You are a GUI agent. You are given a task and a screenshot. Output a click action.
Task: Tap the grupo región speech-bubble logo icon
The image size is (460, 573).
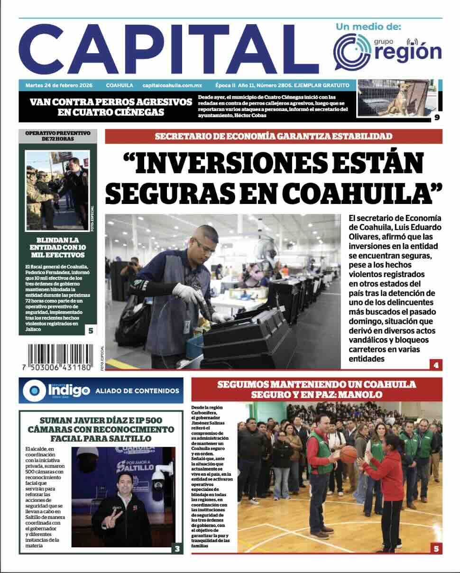tap(352, 51)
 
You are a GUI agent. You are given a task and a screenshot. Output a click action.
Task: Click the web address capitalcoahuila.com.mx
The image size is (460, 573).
tap(172, 86)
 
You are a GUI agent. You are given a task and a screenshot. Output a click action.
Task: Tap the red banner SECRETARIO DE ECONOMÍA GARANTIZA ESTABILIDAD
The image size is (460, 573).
tap(274, 137)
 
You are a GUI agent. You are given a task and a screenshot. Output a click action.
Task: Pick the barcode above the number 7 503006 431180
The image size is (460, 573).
tap(60, 354)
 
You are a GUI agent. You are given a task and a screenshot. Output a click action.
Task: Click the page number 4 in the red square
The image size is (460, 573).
tap(435, 365)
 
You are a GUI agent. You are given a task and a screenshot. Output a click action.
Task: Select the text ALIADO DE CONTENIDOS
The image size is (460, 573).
tap(138, 391)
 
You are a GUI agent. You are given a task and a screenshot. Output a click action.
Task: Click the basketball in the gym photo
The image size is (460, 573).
tap(349, 454)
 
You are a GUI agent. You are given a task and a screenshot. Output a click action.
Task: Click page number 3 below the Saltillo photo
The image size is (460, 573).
tap(177, 549)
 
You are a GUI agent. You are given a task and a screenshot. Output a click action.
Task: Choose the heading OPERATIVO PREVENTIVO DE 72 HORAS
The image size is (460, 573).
tap(57, 136)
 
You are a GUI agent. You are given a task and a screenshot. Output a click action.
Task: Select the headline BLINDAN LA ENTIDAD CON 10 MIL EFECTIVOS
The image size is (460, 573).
tap(57, 248)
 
